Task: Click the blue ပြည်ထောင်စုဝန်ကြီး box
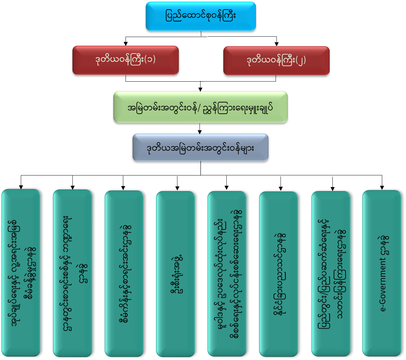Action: (x=201, y=16)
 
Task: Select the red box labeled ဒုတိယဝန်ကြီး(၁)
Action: (x=126, y=60)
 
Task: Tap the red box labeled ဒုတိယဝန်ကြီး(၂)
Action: (x=276, y=60)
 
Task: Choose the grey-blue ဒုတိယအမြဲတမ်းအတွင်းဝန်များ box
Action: (x=200, y=147)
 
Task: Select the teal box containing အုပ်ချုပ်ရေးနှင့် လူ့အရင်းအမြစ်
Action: (x=21, y=272)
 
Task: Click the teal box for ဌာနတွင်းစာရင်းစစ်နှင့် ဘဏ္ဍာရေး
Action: (x=72, y=272)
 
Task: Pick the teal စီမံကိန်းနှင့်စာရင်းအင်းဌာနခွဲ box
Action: (x=124, y=273)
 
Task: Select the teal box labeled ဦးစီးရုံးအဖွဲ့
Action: (x=175, y=273)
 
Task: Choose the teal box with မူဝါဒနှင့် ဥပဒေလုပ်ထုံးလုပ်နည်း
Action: (x=227, y=273)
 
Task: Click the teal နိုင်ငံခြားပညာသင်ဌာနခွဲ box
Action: (x=278, y=273)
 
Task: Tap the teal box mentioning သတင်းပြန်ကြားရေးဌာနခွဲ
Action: (x=331, y=273)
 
